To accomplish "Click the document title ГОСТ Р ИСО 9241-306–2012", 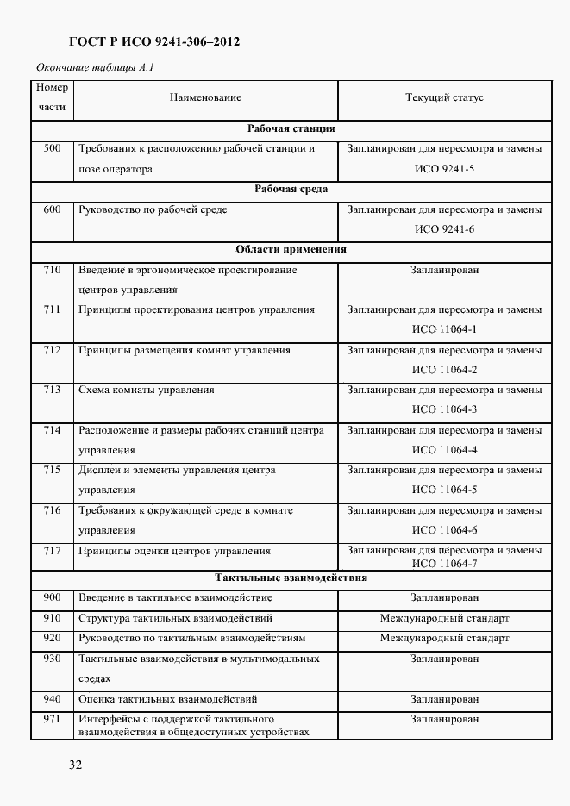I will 153,41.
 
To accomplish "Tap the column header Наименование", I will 205,98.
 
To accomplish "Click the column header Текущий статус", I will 444,98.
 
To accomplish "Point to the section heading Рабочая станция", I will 291,129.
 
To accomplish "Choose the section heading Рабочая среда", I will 291,190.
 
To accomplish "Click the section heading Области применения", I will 291,250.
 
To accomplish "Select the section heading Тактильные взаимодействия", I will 291,578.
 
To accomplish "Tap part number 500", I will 52,149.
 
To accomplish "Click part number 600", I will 52,209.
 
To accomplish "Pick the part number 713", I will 52,391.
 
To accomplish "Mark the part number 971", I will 52,719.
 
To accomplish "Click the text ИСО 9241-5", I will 444,170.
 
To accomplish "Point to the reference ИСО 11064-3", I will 444,410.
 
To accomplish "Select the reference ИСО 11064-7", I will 444,564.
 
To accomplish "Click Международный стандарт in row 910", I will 444,619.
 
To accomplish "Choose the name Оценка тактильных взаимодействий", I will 168,700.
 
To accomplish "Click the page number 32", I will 75,765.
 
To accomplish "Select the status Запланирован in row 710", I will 444,271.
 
